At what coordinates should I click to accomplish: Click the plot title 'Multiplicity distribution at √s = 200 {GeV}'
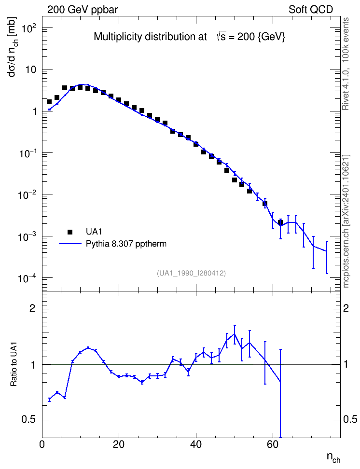point(190,37)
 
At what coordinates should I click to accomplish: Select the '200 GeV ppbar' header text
point(83,10)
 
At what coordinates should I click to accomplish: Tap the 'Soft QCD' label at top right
point(311,10)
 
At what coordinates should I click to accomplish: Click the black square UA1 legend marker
point(70,232)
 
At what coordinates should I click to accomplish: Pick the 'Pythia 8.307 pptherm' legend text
point(126,244)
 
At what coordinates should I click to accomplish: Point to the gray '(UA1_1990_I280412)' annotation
point(191,273)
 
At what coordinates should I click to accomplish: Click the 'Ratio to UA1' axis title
point(14,364)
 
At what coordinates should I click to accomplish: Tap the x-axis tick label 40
point(196,445)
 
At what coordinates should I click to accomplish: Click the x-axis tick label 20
point(119,445)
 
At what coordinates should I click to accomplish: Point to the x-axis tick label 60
point(273,445)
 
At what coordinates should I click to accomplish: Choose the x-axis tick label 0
point(42,445)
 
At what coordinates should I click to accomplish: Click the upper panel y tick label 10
point(31,69)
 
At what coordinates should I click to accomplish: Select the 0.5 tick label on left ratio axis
point(28,420)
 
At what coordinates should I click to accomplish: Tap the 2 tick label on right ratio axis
point(346,308)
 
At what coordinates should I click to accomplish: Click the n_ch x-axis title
point(333,457)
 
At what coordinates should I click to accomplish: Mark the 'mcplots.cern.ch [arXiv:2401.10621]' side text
point(346,221)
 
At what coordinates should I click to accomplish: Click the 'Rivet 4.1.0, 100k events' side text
point(346,64)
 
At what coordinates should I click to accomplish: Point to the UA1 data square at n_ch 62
point(280,222)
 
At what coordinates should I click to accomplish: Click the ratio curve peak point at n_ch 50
point(235,334)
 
